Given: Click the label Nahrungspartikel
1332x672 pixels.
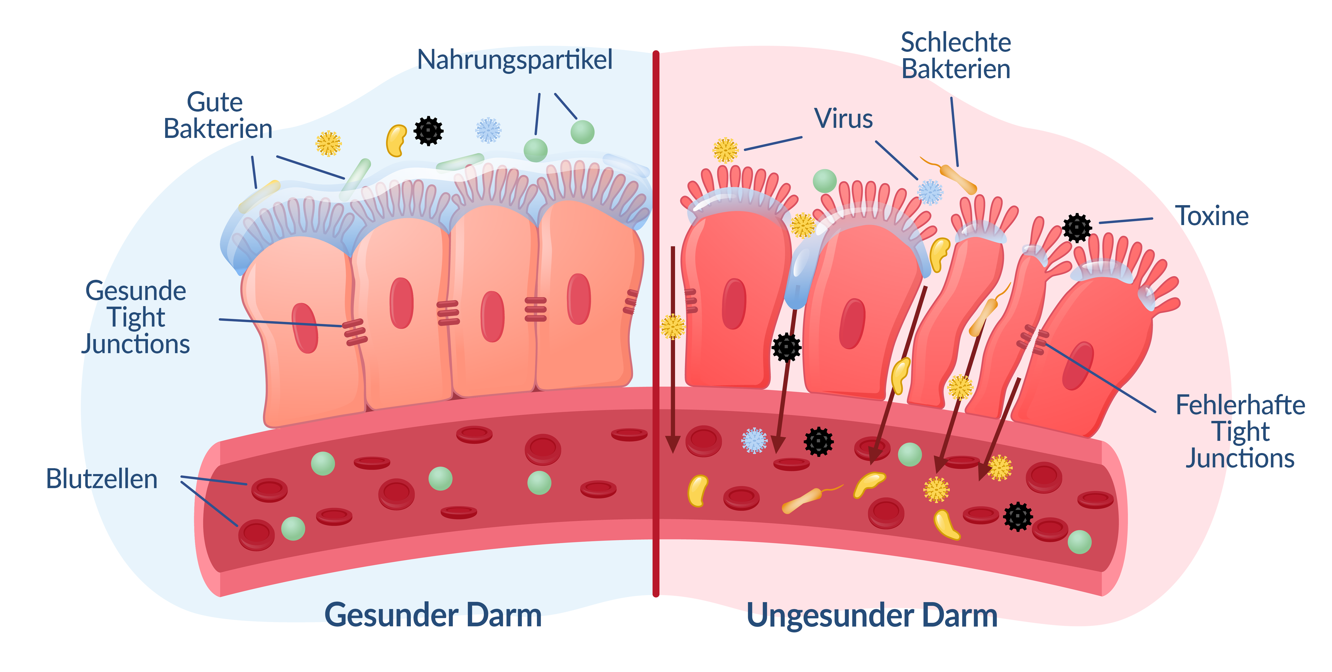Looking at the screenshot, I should (x=514, y=60).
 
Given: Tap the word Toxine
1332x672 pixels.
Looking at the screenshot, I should (x=1211, y=216).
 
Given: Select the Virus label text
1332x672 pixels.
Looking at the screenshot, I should (x=843, y=119).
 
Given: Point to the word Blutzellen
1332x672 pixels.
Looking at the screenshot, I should (x=102, y=479).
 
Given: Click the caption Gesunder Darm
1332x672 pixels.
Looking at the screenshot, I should (x=433, y=616).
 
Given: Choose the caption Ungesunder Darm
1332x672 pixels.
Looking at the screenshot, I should (x=872, y=616).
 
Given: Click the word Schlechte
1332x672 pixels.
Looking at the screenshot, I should (x=955, y=43).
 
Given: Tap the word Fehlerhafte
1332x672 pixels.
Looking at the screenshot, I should (x=1240, y=405).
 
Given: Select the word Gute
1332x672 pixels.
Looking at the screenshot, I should (x=215, y=102).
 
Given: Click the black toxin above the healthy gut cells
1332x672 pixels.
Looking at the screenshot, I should (x=428, y=131).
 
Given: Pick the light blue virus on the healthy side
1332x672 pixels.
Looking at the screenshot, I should (x=488, y=130).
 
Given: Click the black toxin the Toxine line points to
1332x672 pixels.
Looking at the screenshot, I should (x=1077, y=228).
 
